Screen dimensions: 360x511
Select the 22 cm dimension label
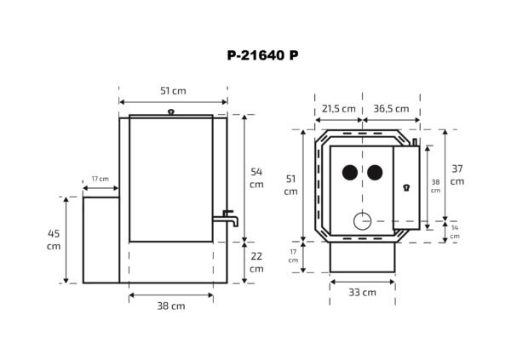(256, 262)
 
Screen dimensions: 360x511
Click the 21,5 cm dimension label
(338, 108)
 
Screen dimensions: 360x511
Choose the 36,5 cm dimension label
(390, 108)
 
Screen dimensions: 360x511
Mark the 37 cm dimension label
(456, 174)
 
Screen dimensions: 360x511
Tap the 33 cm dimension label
(362, 293)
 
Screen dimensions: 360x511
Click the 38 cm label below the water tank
(171, 306)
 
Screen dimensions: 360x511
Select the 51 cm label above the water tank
(173, 91)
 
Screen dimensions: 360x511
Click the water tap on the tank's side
(231, 218)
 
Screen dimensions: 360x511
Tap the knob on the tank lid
(171, 111)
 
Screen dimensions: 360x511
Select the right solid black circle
(375, 173)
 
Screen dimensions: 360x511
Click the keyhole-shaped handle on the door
(406, 188)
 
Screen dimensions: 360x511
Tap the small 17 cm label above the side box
(100, 179)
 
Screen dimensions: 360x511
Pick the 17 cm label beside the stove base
(293, 255)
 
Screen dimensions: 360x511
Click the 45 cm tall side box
(100, 240)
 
